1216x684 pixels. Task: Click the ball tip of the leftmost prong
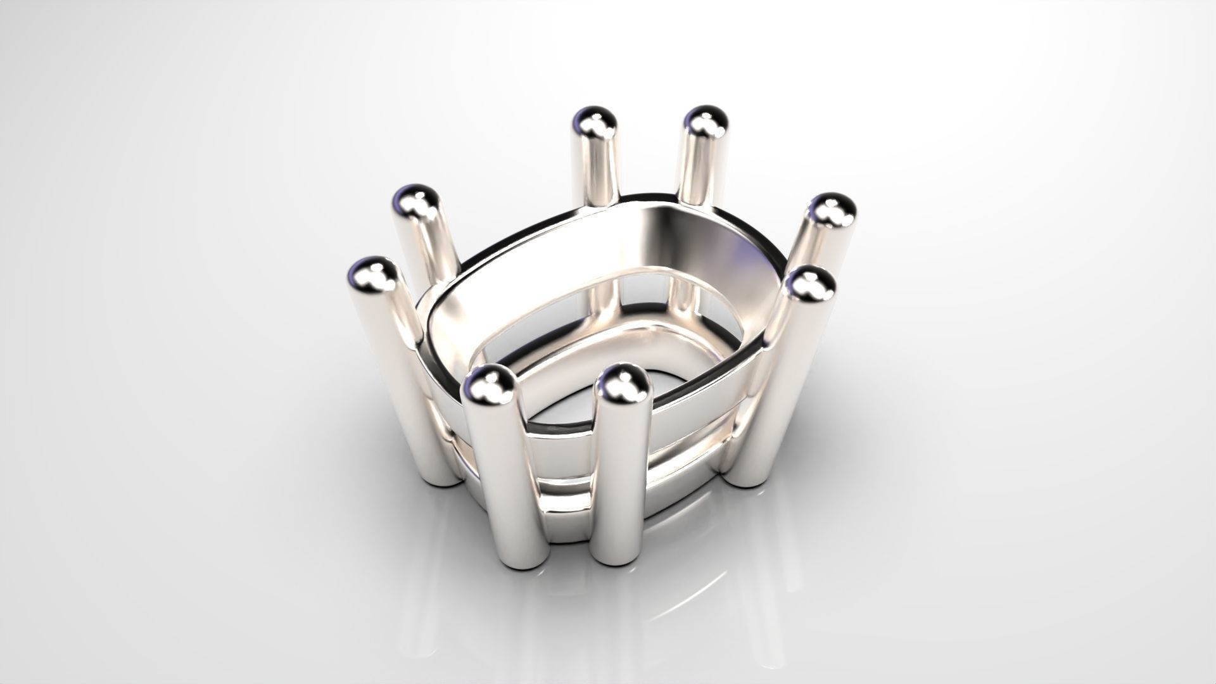(x=372, y=275)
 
